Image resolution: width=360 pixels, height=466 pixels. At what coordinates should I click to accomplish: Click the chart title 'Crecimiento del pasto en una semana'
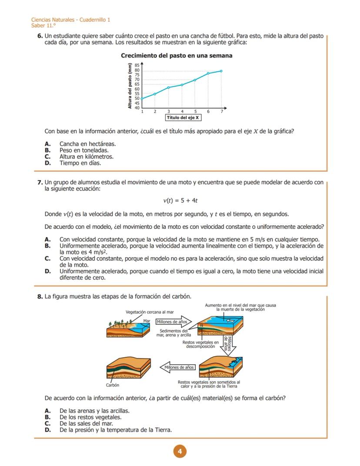click(176, 56)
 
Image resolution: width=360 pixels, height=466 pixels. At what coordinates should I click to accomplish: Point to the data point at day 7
click(221, 71)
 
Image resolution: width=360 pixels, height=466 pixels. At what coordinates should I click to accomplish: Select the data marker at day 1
click(142, 99)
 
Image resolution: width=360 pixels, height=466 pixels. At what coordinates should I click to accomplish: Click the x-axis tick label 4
click(182, 112)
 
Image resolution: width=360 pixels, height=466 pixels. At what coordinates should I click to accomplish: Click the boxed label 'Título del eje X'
click(183, 117)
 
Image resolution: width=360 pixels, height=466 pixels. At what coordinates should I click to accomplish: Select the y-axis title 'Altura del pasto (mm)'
click(130, 86)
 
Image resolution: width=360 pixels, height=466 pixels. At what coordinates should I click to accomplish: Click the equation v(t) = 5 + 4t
click(180, 201)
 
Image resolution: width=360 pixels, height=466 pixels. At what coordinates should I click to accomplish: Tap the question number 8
click(40, 297)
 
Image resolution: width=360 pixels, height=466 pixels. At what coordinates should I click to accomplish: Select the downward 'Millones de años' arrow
click(228, 345)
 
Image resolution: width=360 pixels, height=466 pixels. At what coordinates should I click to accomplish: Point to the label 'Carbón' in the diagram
click(113, 385)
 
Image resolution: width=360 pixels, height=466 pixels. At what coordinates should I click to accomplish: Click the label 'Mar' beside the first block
click(147, 321)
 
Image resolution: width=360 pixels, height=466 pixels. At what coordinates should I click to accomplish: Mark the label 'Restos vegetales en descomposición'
click(200, 345)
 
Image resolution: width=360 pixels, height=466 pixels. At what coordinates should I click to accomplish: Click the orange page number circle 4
click(180, 451)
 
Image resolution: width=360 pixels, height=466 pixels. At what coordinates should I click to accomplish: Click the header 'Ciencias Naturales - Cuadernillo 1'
click(71, 20)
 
